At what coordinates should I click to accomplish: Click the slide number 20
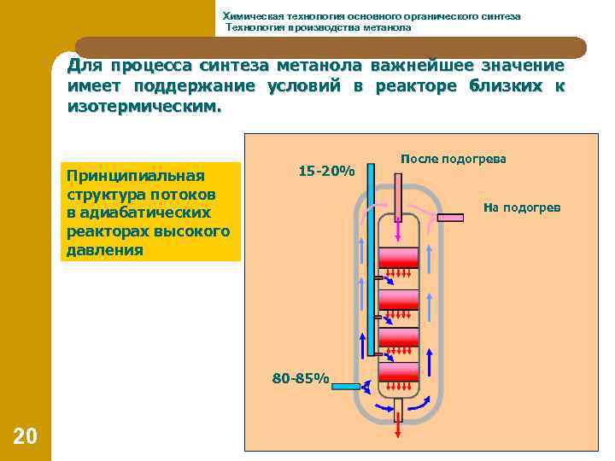[26, 436]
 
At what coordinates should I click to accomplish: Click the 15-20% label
[326, 171]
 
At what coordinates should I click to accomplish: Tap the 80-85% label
[300, 377]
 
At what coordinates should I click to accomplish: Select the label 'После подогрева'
[453, 159]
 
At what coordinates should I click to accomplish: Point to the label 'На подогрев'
[522, 207]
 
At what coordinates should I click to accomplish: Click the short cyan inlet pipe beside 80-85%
[345, 387]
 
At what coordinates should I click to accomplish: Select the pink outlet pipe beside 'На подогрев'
[450, 217]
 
